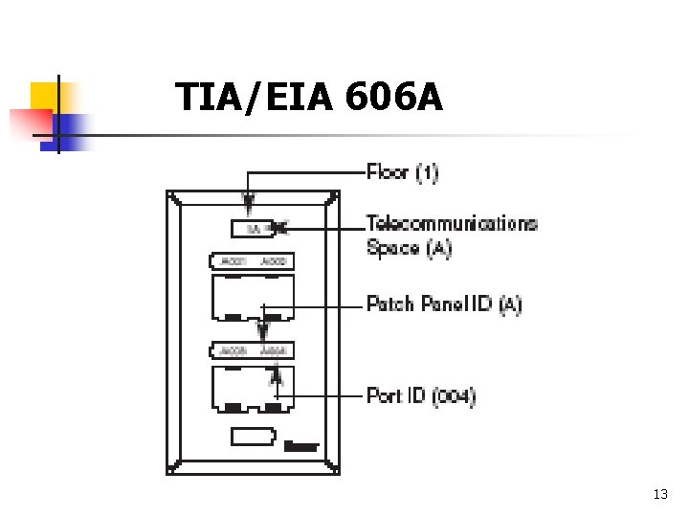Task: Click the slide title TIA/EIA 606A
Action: [x=309, y=97]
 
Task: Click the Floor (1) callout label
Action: [x=402, y=173]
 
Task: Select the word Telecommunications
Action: [x=452, y=224]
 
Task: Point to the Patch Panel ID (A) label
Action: [x=444, y=304]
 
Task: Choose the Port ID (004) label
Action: [x=421, y=395]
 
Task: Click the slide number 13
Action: [x=659, y=494]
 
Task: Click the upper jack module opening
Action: [x=252, y=296]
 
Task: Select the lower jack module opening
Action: [x=252, y=387]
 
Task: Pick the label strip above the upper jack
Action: [x=252, y=260]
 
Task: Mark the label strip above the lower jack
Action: [x=252, y=350]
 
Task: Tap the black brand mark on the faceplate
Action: [x=300, y=445]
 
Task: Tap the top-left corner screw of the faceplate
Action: [x=172, y=197]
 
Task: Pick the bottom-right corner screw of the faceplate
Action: [x=333, y=467]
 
